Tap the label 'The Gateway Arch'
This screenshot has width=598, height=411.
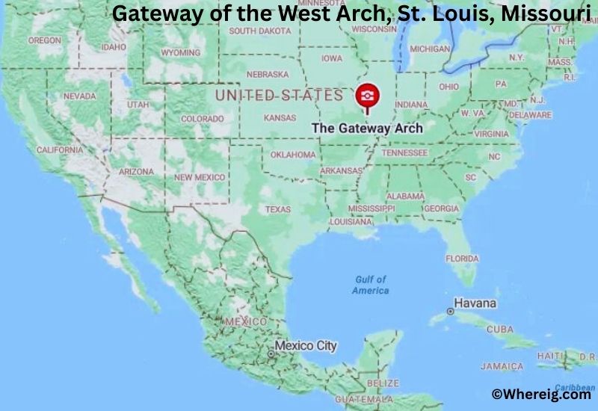coord(367,128)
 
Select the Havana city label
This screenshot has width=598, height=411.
coord(475,303)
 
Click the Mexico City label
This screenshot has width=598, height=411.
coord(305,346)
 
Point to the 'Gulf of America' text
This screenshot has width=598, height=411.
coord(371,285)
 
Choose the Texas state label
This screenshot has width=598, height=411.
coord(277,209)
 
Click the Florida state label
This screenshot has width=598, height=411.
coord(462,259)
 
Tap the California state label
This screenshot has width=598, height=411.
coord(60,149)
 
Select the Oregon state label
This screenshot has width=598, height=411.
coord(45,40)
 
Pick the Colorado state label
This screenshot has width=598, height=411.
coord(202,119)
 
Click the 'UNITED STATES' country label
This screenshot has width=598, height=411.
coord(279,95)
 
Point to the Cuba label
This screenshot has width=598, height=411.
coord(500,329)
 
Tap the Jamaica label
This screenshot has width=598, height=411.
coord(502,367)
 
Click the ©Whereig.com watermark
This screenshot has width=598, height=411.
coord(540,394)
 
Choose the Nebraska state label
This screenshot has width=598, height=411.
coord(267,74)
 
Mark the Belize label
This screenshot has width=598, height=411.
coord(383,383)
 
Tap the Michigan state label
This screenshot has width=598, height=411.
coord(430,49)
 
